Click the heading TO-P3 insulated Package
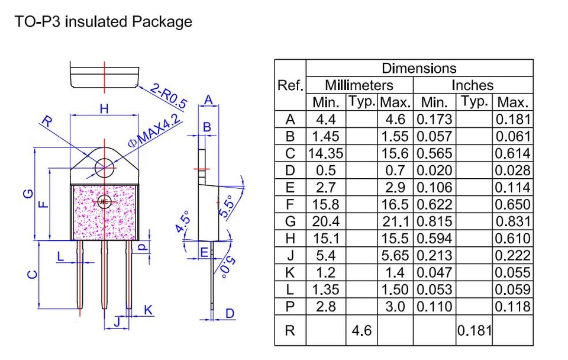tap(103, 22)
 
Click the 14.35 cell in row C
tap(325, 153)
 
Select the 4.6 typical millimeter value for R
tap(362, 330)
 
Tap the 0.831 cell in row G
tap(512, 221)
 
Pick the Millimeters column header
tap(359, 85)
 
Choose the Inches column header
tap(472, 85)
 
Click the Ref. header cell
tap(290, 85)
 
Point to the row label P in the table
tap(290, 307)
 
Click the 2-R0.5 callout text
tap(169, 96)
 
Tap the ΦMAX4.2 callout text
tap(154, 130)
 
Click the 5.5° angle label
tap(226, 206)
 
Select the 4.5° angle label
tap(183, 221)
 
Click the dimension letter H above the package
tap(104, 108)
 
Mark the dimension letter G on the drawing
tap(28, 194)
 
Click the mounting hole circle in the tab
tap(104, 168)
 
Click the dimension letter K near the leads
tap(148, 310)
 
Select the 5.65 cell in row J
tap(395, 255)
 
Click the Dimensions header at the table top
tap(419, 68)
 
